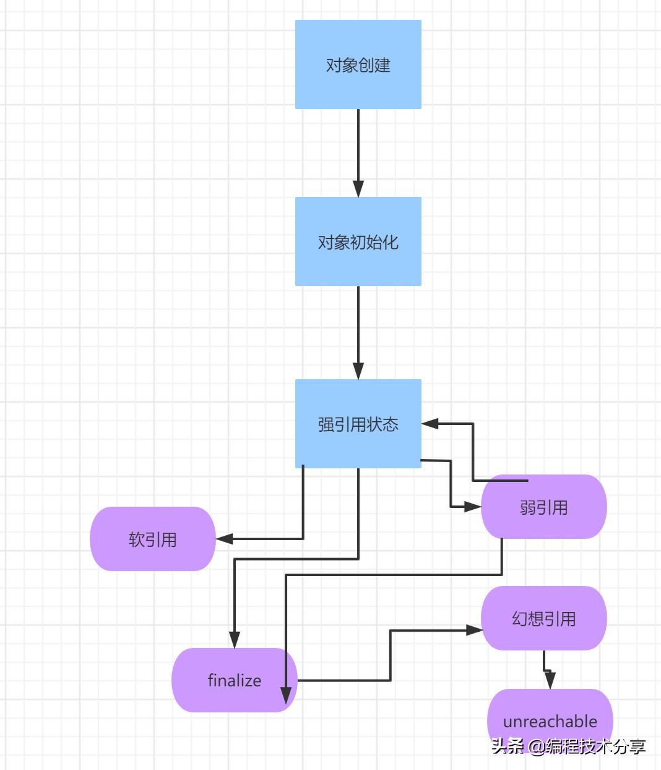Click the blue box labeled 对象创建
pos(358,64)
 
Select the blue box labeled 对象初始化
pos(358,242)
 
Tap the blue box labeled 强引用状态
pos(358,424)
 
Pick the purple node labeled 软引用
pos(153,539)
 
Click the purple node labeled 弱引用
pos(544,507)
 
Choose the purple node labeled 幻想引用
pos(544,618)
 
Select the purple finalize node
pos(235,680)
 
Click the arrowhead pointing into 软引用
pos(224,539)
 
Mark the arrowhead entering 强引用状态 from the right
pos(430,424)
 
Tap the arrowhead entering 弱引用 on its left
pos(473,507)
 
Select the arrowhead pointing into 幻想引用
pos(474,630)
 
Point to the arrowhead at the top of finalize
pos(235,640)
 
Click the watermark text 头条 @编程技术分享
pos(568,746)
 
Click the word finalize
pos(235,680)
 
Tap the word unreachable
pos(550,721)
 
